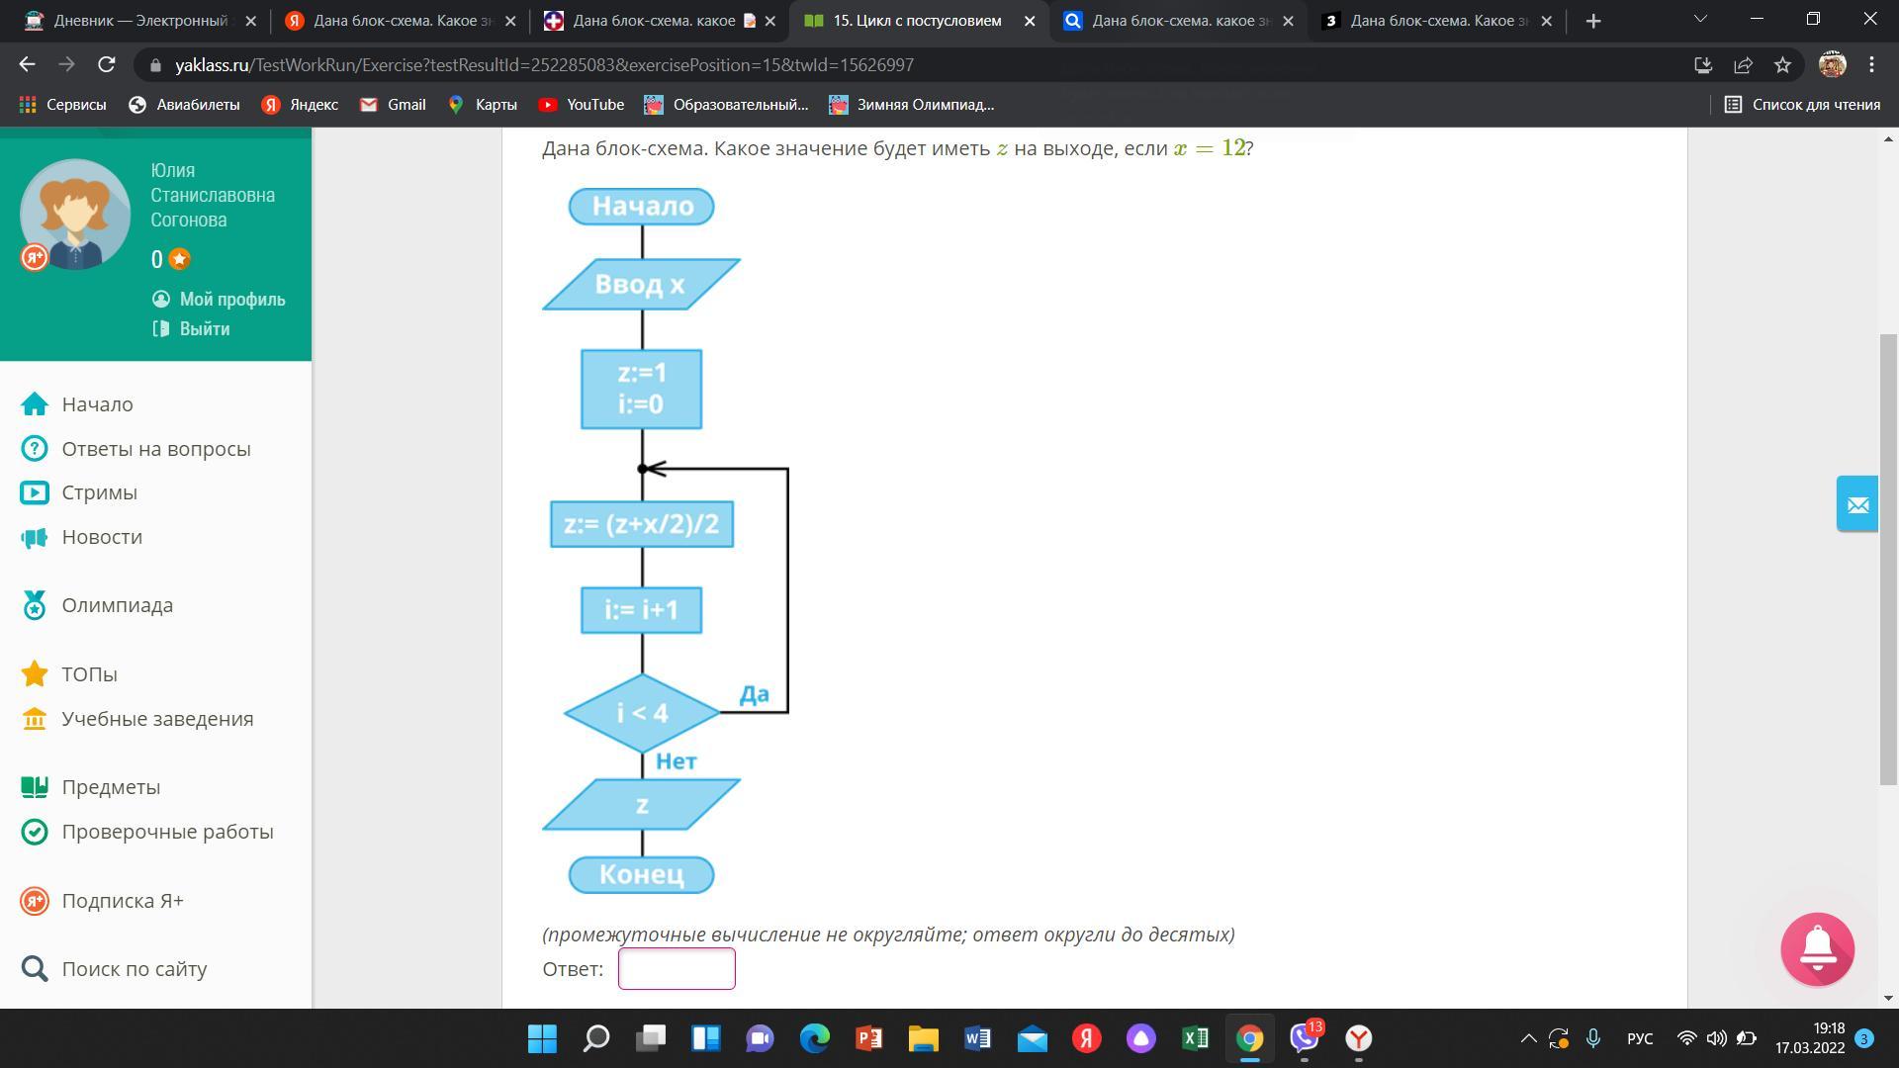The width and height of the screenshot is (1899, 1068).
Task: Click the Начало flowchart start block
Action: tap(641, 207)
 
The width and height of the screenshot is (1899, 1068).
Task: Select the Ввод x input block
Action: tap(641, 285)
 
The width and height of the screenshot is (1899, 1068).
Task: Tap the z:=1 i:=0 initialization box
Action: tap(641, 389)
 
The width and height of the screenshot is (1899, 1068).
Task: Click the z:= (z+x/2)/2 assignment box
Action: tap(641, 524)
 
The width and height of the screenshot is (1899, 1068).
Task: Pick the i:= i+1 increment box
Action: tap(641, 610)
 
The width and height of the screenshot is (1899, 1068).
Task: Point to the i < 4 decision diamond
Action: tap(642, 713)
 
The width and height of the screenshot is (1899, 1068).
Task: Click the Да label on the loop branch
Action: tap(754, 695)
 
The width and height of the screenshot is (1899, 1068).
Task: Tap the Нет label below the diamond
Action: tap(677, 761)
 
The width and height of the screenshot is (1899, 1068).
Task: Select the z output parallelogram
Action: tap(641, 805)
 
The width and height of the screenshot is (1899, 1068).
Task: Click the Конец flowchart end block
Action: tap(641, 875)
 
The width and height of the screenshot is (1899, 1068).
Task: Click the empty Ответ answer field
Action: tap(677, 969)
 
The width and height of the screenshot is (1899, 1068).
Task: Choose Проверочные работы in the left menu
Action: tap(147, 832)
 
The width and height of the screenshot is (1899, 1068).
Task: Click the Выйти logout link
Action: tap(192, 329)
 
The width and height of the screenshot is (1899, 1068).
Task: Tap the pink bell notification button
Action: tap(1818, 949)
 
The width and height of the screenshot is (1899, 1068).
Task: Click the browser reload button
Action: tap(107, 65)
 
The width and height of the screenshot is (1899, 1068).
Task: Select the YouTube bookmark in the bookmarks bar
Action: tap(582, 105)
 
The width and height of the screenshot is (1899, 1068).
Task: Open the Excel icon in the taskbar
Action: tap(1195, 1038)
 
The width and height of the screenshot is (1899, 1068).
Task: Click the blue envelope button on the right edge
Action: tap(1857, 504)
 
